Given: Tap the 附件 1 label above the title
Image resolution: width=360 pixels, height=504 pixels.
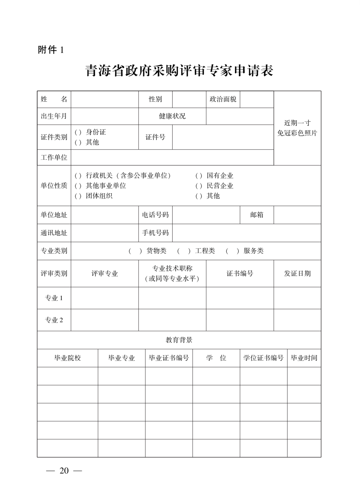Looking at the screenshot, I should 51,50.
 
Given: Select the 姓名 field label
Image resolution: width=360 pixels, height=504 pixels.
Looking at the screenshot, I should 54,99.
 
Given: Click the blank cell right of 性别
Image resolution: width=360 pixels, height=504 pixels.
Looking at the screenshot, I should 189,99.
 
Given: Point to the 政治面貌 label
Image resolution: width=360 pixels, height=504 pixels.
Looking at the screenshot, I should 223,99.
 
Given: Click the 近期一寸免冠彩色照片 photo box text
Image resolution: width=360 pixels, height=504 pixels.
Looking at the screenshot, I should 297,128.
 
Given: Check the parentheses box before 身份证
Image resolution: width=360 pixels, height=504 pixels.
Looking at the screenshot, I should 78,132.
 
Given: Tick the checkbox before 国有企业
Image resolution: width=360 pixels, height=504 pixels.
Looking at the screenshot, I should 199,176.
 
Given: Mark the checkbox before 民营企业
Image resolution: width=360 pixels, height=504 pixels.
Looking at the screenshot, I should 199,186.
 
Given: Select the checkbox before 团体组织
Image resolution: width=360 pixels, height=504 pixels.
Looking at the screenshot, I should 78,196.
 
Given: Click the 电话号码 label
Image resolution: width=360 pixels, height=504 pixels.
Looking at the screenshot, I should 155,215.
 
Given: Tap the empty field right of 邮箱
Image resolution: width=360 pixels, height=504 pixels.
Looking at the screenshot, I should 297,215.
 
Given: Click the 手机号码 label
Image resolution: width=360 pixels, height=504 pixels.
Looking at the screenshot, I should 155,233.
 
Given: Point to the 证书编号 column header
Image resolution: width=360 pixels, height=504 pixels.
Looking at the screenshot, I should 240,273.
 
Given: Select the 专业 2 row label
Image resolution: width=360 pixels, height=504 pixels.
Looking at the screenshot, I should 54,320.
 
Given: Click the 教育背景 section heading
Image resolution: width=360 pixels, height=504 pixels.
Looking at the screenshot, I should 179,340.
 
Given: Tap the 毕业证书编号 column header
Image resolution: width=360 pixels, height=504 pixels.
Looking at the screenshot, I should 169,358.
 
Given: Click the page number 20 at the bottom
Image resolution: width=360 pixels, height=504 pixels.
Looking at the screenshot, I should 64,471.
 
